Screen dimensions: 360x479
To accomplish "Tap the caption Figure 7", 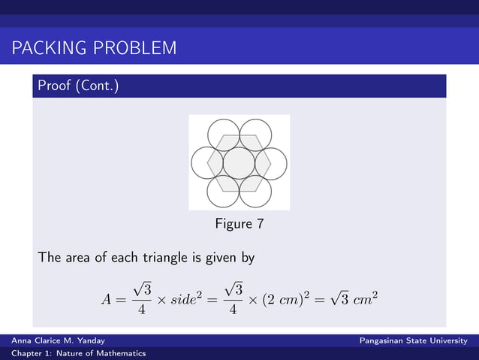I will tap(239, 223).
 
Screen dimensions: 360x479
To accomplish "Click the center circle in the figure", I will tap(239, 163).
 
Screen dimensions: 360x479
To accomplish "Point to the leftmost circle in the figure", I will tap(206, 163).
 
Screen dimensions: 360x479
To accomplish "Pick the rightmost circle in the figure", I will tap(271, 163).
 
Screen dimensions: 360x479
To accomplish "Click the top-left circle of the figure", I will tap(223, 135).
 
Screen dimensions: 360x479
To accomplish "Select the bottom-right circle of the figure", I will tap(255, 191).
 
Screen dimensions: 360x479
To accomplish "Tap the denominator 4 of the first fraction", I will tap(141, 310).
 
